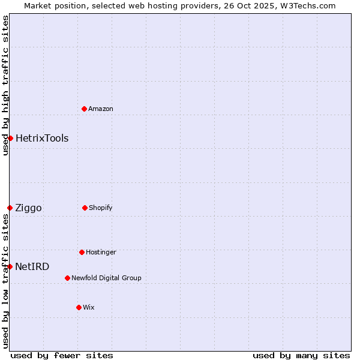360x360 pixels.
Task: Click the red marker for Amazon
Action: (85, 109)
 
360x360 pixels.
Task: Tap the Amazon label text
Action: (101, 109)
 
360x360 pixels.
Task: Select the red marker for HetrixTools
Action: (10, 138)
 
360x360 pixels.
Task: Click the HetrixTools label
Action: (42, 139)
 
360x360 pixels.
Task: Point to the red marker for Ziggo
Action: (10, 208)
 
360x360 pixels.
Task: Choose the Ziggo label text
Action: (29, 208)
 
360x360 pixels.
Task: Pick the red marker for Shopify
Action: (85, 208)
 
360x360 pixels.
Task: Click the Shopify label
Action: (101, 208)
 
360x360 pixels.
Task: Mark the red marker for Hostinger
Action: (82, 252)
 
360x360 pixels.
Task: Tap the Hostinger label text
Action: (101, 253)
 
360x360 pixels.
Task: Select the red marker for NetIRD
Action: (10, 266)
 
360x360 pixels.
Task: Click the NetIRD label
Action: (32, 267)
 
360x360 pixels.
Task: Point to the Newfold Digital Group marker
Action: (67, 278)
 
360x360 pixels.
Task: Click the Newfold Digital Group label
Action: (106, 278)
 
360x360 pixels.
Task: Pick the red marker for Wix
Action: (79, 307)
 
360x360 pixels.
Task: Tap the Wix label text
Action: (89, 308)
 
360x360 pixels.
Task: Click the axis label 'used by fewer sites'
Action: (62, 356)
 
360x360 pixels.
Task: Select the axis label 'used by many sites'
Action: (301, 356)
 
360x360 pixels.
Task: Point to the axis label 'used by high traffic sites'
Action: (5, 85)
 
